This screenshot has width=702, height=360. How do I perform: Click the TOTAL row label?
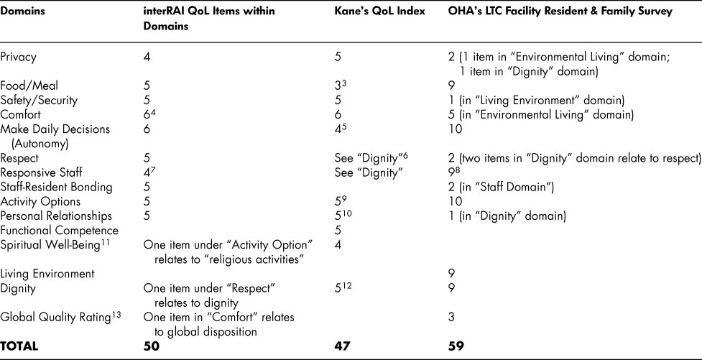coord(19,346)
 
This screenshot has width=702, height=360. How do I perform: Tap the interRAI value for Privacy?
coord(147,55)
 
